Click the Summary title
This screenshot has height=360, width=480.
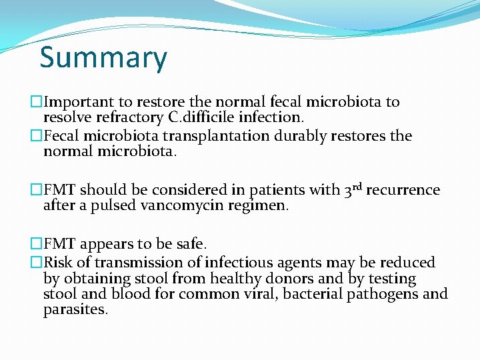(x=103, y=58)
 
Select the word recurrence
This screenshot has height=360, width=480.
(x=403, y=190)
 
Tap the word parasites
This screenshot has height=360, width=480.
(x=75, y=310)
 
